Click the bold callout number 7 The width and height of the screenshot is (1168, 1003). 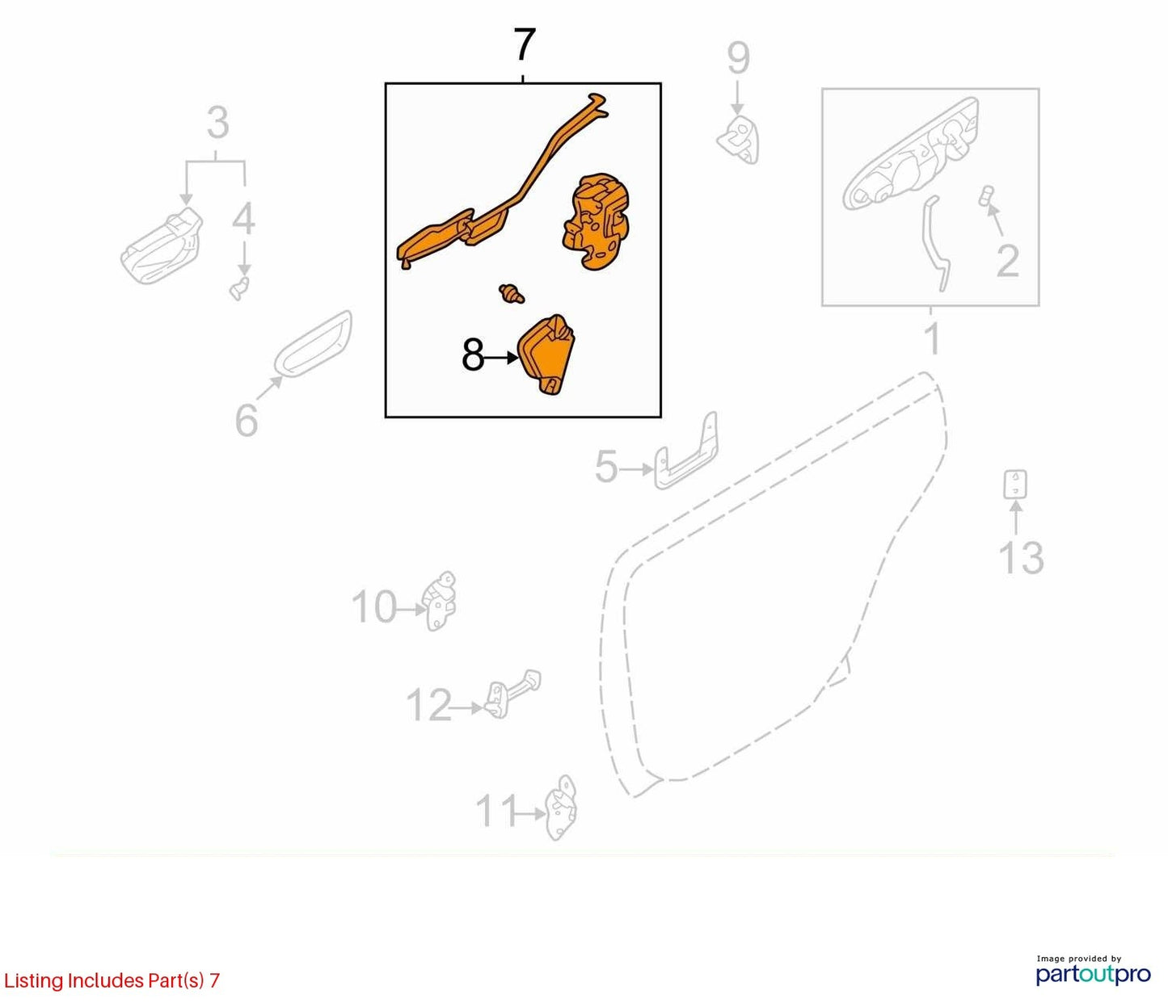[x=524, y=44]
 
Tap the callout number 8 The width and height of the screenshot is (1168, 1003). [x=472, y=355]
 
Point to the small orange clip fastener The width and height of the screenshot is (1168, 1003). [x=512, y=293]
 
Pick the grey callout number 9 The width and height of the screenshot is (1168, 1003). [x=738, y=58]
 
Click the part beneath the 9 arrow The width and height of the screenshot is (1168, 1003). [x=739, y=140]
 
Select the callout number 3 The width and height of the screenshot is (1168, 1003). [x=218, y=123]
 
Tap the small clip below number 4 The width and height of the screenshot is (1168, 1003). [x=239, y=287]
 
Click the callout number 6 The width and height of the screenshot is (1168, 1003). [x=247, y=420]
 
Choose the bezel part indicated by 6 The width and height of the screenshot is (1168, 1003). [x=313, y=344]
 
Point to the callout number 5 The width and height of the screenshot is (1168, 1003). [x=606, y=468]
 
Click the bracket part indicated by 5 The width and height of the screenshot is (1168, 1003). [x=685, y=452]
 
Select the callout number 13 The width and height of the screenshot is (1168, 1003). [x=1021, y=558]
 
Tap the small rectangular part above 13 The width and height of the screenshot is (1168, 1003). [x=1015, y=485]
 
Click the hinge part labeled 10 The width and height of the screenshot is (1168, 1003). [x=439, y=601]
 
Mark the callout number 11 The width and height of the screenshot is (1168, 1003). [x=496, y=811]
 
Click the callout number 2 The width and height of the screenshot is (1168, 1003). [x=1007, y=261]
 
